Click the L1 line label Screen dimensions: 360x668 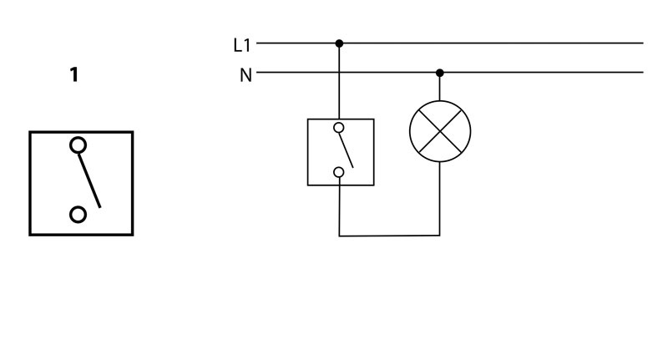click(242, 44)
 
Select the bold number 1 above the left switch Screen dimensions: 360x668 click(74, 76)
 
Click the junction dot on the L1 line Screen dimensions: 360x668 click(339, 43)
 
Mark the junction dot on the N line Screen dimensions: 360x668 click(440, 73)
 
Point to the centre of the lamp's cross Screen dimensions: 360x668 click(440, 130)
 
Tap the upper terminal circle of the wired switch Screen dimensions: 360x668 click(339, 128)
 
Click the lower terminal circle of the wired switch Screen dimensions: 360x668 click(339, 173)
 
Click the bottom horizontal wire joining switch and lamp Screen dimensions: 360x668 click(389, 235)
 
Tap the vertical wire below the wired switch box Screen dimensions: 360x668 click(339, 209)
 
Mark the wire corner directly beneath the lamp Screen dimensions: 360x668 click(440, 235)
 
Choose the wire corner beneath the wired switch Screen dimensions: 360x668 click(339, 235)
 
